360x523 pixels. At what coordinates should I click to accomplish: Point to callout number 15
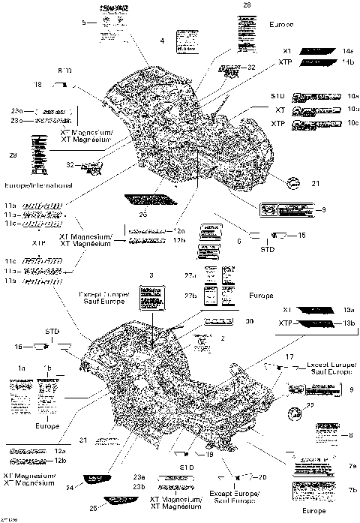[301, 236]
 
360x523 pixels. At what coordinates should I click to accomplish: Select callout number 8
[350, 434]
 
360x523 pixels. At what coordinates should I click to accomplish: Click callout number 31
[84, 440]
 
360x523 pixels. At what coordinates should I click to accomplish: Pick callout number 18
[39, 84]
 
